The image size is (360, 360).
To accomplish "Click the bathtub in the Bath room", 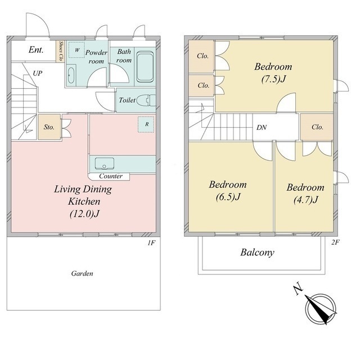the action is pos(145,66).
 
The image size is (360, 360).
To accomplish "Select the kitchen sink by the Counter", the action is pos(105,164).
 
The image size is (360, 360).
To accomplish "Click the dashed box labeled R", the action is pos(146,124).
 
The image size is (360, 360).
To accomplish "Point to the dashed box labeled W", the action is pos(76,50).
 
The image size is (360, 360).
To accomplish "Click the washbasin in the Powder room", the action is pos(71,75).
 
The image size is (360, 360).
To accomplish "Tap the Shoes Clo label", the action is pos(61,51).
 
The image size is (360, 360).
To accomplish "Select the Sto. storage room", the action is pos(49,127).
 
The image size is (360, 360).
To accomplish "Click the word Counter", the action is pos(111,176).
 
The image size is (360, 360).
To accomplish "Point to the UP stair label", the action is pos(38,73).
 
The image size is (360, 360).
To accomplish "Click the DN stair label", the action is pos(262,128).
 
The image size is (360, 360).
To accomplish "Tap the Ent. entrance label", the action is pos(36,49).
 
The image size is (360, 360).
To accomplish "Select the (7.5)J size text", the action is pos(273,79).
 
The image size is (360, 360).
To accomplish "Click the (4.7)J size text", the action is pos(305,200).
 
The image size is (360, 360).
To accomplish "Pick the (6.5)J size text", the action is pos(228,197).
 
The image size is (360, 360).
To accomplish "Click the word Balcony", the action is pos(258,253).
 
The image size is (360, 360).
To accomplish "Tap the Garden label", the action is pos(82,273).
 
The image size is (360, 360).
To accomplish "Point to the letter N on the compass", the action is pos(298,290).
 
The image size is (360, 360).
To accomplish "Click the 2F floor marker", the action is pos(335,242).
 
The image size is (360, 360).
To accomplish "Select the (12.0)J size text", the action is pos(84,214).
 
